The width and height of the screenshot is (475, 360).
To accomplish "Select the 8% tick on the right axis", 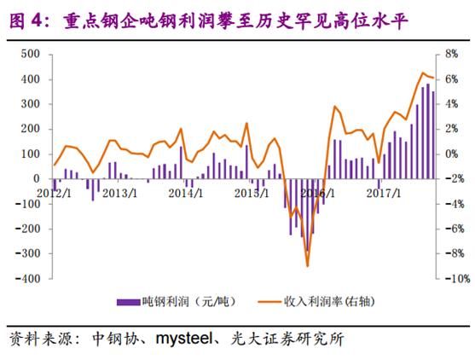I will pyautogui.click(x=450, y=54).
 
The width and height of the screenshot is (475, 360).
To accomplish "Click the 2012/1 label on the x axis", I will pyautogui.click(x=54, y=192).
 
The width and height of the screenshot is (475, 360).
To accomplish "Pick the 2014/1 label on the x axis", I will pyautogui.click(x=185, y=192).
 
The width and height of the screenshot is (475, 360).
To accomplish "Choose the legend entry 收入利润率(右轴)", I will pyautogui.click(x=332, y=301).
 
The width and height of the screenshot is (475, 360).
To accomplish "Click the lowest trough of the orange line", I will pyautogui.click(x=307, y=265).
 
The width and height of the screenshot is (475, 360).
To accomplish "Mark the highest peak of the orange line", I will pyautogui.click(x=422, y=73).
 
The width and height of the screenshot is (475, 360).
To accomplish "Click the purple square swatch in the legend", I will pyautogui.click(x=126, y=302).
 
